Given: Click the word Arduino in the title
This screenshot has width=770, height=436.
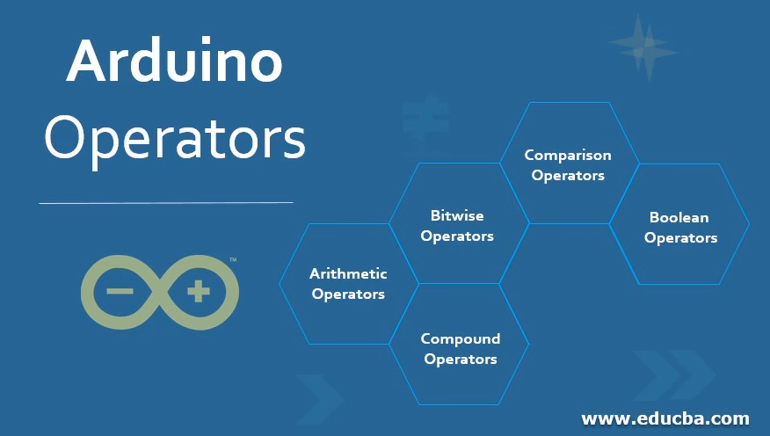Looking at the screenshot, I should click(x=174, y=62).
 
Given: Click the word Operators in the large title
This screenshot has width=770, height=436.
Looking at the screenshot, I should click(x=174, y=139).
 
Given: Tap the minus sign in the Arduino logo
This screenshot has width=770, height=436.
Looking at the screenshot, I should click(x=120, y=291).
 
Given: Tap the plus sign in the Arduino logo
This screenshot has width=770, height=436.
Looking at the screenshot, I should click(x=199, y=291).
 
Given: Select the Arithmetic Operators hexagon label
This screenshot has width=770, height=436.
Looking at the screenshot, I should click(x=348, y=284).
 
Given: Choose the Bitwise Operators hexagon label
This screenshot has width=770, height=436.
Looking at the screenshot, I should click(x=457, y=225).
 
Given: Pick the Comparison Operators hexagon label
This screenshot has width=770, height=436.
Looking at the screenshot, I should click(x=568, y=164).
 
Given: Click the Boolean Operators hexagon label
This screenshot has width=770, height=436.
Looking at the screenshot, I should click(x=679, y=227).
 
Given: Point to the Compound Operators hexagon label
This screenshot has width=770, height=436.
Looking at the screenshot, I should click(x=460, y=348).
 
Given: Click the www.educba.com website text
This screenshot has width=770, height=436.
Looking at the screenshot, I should click(x=665, y=418).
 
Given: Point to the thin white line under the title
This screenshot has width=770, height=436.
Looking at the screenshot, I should click(x=165, y=203).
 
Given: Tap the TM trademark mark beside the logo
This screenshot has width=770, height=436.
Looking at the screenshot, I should click(x=233, y=260).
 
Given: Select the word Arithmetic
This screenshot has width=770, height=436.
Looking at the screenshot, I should click(x=348, y=273).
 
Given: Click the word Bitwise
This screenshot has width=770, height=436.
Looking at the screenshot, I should click(x=457, y=215).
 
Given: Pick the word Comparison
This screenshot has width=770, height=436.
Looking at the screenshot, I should click(x=568, y=155).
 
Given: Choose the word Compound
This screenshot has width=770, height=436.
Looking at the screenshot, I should click(x=460, y=338).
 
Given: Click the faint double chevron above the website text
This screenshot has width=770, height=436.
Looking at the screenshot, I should click(x=673, y=374).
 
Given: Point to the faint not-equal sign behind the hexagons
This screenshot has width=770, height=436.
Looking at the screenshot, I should click(x=425, y=120).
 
